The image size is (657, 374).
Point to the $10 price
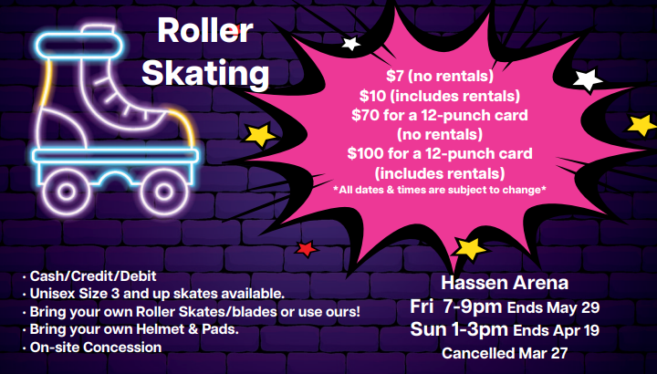click(367, 95)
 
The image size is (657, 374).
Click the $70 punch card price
click(365, 114)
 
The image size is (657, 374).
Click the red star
click(307, 248)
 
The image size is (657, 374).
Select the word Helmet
click(155, 328)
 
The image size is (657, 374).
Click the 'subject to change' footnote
click(441, 189)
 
